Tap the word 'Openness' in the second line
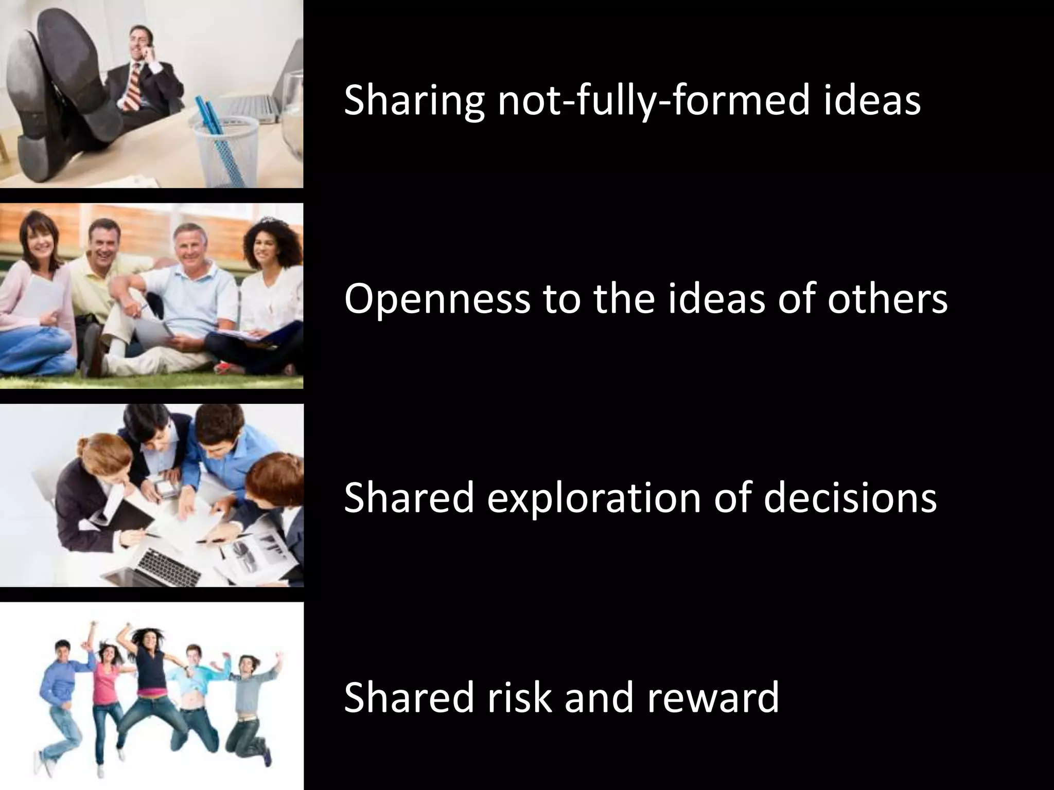436,299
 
